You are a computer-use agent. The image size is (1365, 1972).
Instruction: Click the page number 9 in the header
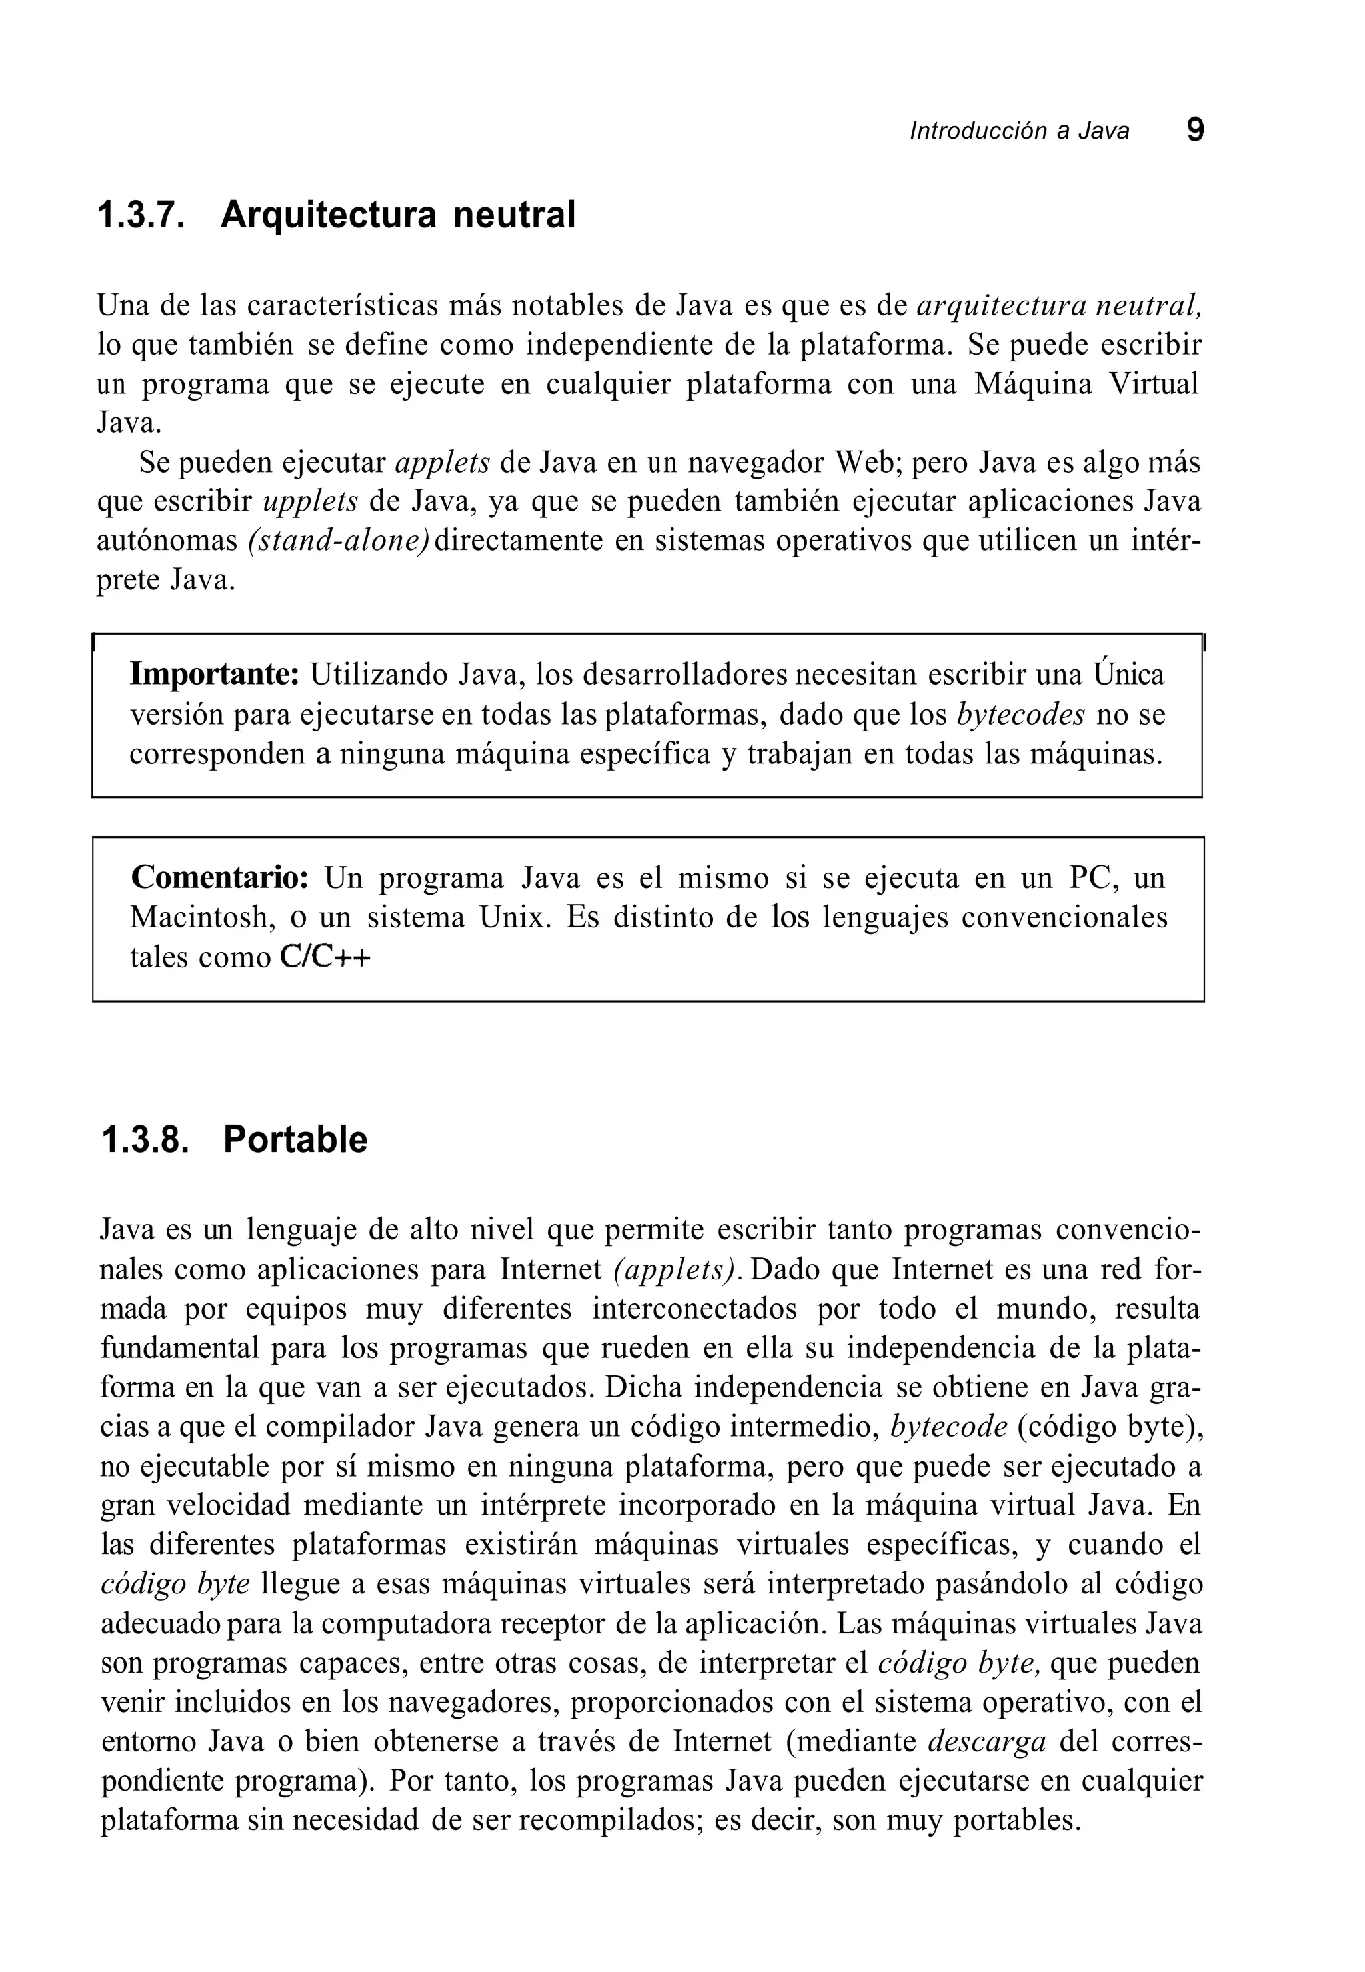(x=1195, y=130)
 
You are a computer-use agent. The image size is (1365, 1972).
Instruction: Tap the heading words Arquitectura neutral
(x=398, y=215)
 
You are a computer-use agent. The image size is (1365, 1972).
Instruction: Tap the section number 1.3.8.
(x=144, y=1141)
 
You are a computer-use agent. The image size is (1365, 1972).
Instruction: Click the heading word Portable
(x=295, y=1141)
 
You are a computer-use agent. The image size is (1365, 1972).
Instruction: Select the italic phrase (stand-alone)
(x=339, y=541)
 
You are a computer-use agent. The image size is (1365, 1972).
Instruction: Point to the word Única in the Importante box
(x=1129, y=675)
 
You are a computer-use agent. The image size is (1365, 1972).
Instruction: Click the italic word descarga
(x=987, y=1743)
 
